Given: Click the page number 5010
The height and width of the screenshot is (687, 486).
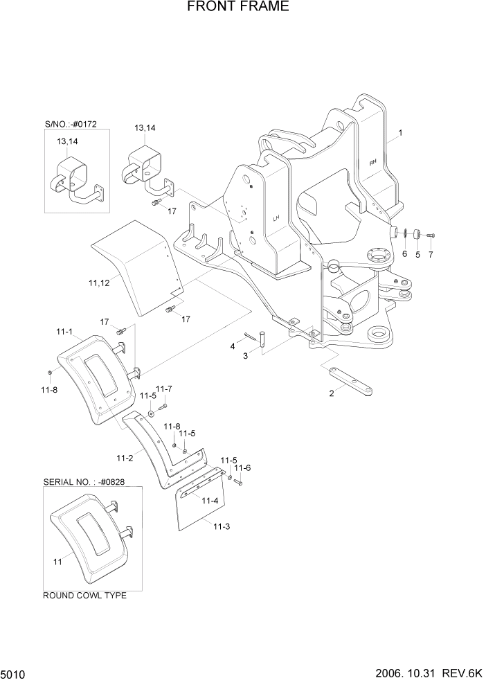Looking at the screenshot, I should [14, 674].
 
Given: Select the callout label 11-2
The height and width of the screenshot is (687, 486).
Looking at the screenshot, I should [125, 458].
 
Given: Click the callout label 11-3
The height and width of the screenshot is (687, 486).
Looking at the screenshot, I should [221, 527].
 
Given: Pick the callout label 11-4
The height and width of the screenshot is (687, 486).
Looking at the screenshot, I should [210, 500].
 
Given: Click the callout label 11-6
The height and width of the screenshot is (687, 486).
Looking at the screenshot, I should [243, 468].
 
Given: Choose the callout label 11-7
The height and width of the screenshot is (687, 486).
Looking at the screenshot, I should [164, 389].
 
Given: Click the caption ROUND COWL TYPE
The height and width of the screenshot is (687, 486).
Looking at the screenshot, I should [84, 596].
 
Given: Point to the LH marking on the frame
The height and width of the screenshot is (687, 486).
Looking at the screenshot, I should [276, 218].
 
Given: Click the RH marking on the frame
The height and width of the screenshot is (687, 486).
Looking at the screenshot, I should [373, 163].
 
